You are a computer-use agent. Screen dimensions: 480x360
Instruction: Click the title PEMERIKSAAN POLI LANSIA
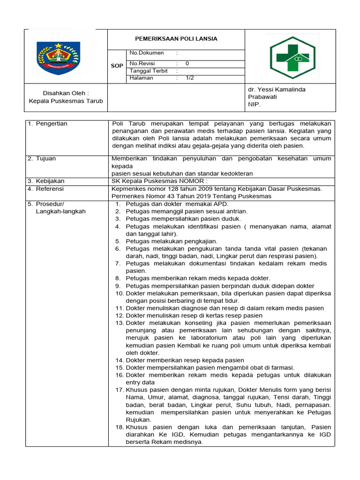[x=177, y=39]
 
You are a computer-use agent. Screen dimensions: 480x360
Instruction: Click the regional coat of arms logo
[x=59, y=58]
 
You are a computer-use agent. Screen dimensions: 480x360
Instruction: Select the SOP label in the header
[x=117, y=66]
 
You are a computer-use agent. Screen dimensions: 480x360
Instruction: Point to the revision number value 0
[x=187, y=63]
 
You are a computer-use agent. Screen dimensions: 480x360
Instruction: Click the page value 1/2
[x=190, y=78]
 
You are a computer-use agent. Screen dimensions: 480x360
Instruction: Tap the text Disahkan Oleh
[x=66, y=93]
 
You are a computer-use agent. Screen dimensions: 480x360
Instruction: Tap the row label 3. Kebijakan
[x=46, y=181]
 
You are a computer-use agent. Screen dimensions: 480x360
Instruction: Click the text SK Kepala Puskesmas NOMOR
[x=159, y=181]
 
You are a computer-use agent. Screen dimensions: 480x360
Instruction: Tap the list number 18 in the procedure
[x=119, y=427]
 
